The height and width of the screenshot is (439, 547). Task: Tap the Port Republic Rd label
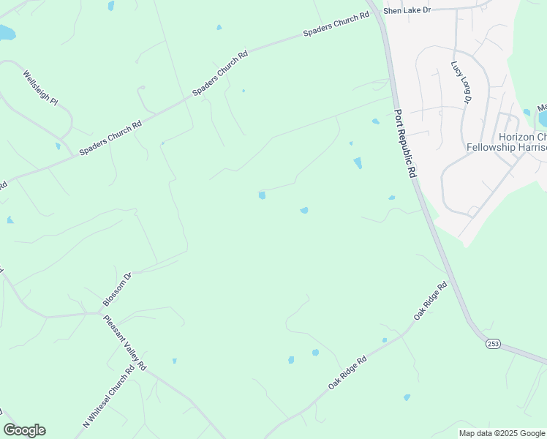point(405,144)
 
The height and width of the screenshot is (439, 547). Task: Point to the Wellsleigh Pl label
point(39,88)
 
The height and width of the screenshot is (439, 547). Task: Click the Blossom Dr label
point(117,290)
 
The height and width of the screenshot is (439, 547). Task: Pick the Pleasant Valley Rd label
point(125,343)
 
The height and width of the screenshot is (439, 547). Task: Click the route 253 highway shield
point(493,343)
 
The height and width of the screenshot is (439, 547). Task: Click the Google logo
point(24,430)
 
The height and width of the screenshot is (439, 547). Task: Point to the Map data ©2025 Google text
point(502,433)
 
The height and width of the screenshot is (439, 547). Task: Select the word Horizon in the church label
point(516,137)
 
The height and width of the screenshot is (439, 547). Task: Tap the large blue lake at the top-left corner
point(6,33)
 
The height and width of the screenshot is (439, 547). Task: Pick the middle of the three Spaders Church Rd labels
point(220,73)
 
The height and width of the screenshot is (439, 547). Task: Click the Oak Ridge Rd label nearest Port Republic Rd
point(429,301)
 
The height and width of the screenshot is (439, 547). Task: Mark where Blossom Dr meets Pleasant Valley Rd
point(100,312)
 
